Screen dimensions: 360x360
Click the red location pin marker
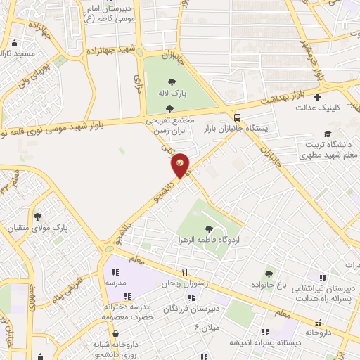tap(180, 165)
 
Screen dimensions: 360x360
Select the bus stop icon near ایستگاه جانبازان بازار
tap(237, 117)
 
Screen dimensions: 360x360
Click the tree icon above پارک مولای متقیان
tap(37, 217)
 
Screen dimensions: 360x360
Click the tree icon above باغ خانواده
tap(268, 274)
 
